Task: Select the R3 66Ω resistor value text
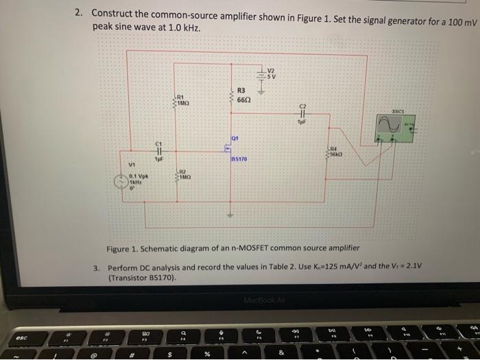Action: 245,99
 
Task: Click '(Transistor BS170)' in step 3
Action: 143,279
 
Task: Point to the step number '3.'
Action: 98,267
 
